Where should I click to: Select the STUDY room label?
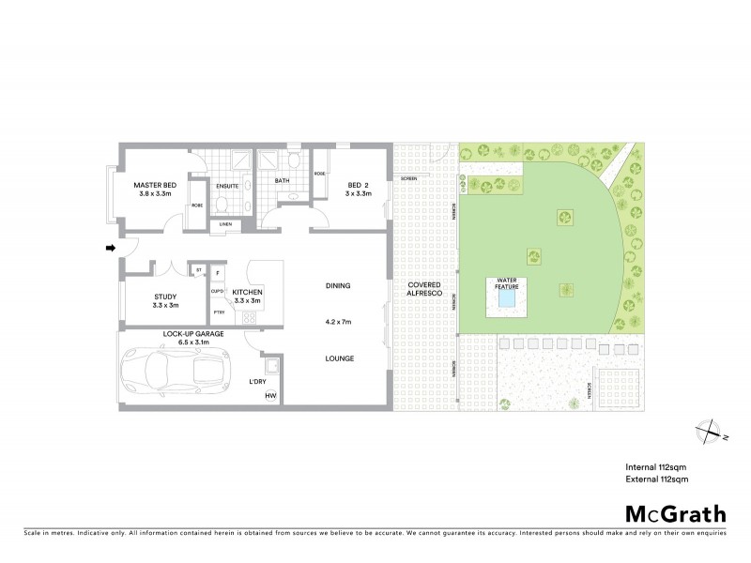(x=165, y=297)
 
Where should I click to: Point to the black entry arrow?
(x=110, y=249)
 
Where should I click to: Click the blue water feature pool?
(x=507, y=299)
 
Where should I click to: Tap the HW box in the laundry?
(x=270, y=397)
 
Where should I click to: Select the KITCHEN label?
(x=248, y=293)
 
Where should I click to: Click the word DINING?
(x=338, y=285)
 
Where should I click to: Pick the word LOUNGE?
(x=338, y=358)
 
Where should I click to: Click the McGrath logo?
(x=675, y=513)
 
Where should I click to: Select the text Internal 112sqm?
(x=657, y=466)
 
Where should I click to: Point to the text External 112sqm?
(x=657, y=479)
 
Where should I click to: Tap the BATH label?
(x=283, y=181)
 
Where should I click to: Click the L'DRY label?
(x=259, y=381)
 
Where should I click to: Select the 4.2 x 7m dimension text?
(x=338, y=322)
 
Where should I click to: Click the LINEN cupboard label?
(x=225, y=224)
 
